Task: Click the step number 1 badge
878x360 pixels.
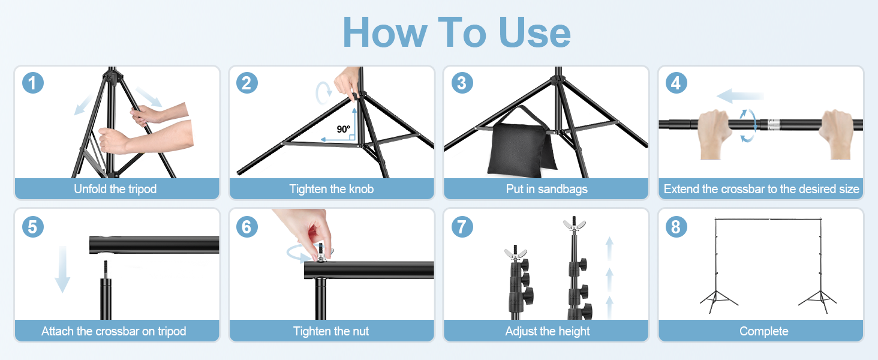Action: click(x=33, y=82)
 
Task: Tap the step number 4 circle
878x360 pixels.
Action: click(x=676, y=82)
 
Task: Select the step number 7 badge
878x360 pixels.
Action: click(x=462, y=226)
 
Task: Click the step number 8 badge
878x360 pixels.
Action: click(x=676, y=226)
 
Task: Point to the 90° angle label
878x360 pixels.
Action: click(x=343, y=129)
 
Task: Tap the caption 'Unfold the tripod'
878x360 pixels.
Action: click(x=115, y=189)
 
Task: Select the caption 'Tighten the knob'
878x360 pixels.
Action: click(x=331, y=189)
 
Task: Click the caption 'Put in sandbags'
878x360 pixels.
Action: click(x=546, y=189)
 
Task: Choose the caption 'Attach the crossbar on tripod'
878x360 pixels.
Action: click(x=114, y=331)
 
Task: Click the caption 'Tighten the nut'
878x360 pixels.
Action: click(x=331, y=331)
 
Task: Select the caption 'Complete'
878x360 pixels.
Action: click(x=763, y=331)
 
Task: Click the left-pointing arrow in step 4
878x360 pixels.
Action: click(x=739, y=95)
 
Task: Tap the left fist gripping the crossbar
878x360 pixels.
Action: click(x=715, y=133)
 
